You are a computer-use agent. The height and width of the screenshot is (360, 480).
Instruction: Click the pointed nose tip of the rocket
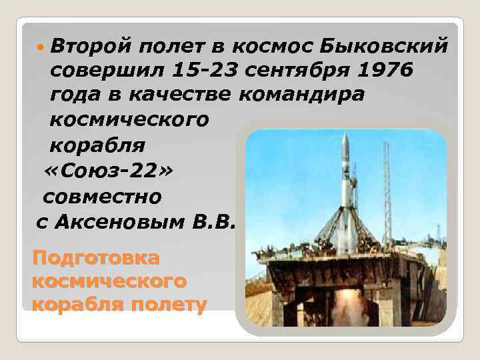click(x=345, y=135)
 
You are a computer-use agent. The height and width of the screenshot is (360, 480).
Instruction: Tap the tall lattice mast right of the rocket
click(x=387, y=193)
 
